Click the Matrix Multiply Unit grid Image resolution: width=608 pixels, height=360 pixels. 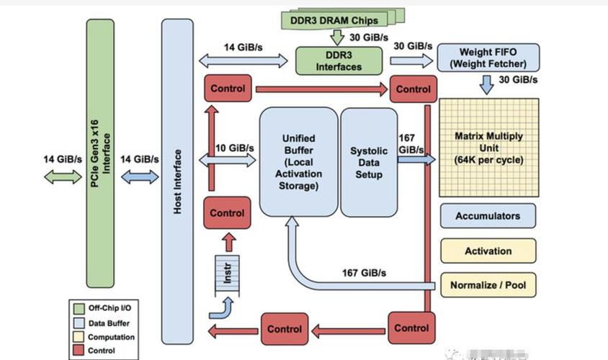(x=489, y=148)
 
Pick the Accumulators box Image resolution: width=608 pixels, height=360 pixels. (x=488, y=216)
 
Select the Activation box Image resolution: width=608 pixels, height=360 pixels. (x=488, y=251)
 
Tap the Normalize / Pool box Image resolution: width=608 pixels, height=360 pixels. (x=488, y=285)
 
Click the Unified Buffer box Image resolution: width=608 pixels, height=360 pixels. (x=298, y=162)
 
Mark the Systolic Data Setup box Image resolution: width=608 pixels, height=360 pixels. (x=369, y=162)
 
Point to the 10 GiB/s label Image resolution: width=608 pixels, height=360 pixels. (x=235, y=148)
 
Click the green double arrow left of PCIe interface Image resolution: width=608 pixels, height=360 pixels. (x=63, y=177)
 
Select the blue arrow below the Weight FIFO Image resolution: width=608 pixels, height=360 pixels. (x=487, y=85)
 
